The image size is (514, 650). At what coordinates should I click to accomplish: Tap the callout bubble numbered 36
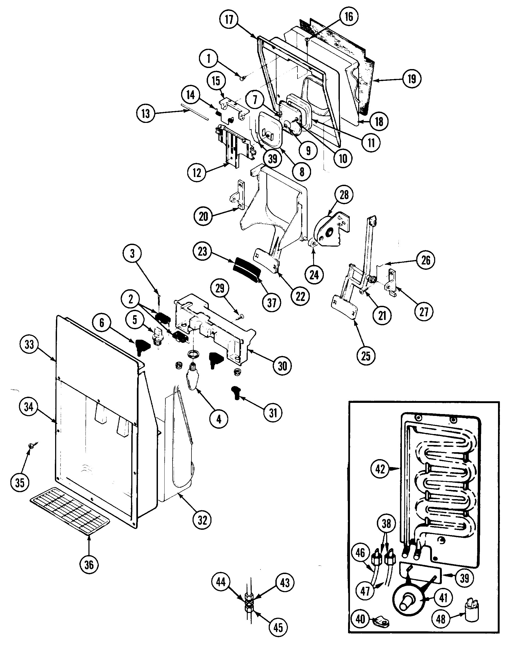pos(89,564)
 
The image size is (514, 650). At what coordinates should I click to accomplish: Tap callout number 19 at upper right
pos(412,79)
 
